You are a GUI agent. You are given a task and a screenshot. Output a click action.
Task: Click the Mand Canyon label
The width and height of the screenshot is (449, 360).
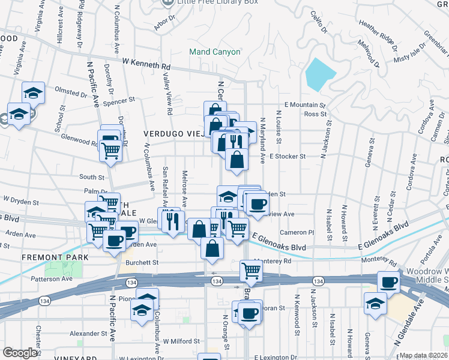tap(215, 52)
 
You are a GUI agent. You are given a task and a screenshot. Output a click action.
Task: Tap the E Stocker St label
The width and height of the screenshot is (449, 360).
tap(288, 156)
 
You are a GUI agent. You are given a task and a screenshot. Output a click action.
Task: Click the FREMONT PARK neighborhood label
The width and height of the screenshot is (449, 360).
tap(47, 257)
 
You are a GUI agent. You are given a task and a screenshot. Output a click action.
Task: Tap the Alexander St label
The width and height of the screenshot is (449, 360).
tap(88, 334)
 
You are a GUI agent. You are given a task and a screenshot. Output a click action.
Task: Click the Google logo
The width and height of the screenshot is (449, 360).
tap(20, 353)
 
